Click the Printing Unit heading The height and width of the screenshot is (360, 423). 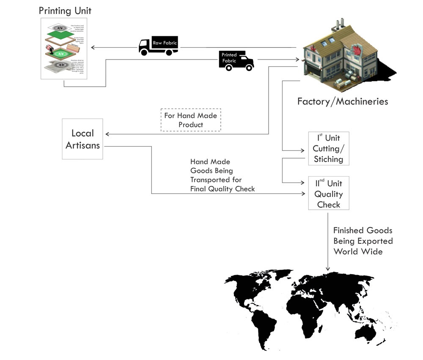tap(65, 10)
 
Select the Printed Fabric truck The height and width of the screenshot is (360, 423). tap(236, 60)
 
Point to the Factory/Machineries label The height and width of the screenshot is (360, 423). tap(342, 101)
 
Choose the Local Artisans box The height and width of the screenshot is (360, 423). tap(82, 139)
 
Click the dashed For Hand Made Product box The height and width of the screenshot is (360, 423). tap(191, 120)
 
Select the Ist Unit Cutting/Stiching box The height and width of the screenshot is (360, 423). tap(328, 148)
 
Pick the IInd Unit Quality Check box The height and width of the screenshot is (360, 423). tap(328, 194)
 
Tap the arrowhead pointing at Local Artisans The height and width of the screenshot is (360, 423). tap(107, 134)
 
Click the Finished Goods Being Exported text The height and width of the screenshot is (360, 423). tap(363, 241)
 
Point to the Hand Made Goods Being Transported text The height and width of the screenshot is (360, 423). tap(222, 175)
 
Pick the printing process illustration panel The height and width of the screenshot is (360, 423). tap(63, 48)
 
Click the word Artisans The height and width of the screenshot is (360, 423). tap(82, 145)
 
